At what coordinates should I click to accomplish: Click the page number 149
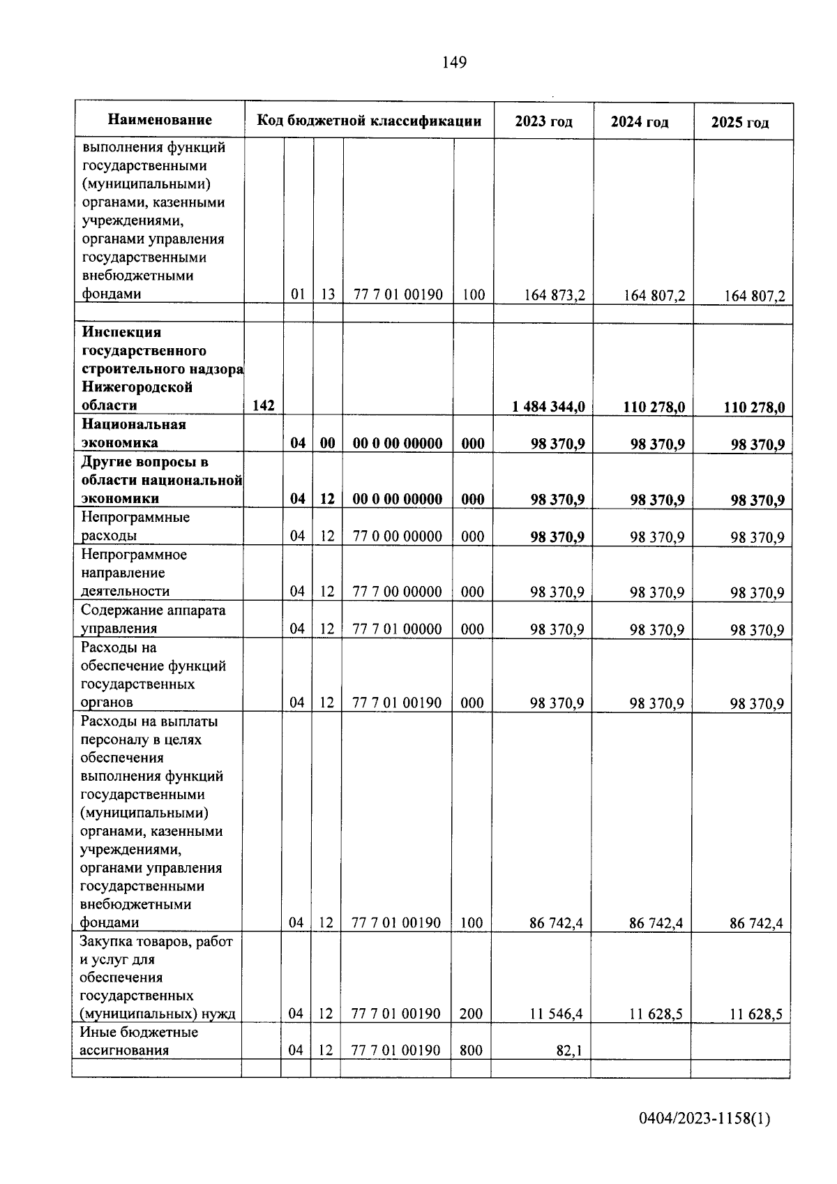(454, 63)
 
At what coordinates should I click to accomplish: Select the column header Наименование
(160, 120)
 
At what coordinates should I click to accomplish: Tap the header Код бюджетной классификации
(369, 121)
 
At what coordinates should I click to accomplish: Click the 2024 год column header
(640, 122)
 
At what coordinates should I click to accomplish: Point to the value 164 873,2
(555, 295)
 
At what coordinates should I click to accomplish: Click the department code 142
(263, 405)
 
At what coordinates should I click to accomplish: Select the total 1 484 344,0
(548, 406)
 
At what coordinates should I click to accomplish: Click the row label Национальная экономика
(133, 433)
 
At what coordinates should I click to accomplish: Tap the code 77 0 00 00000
(397, 536)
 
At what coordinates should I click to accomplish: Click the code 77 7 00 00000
(397, 592)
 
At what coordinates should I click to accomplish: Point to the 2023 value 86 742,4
(556, 923)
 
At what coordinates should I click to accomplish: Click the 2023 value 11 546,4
(556, 1014)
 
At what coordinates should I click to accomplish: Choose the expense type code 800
(472, 1050)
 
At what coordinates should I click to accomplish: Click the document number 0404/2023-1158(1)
(704, 1119)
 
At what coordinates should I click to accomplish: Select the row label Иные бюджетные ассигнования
(139, 1041)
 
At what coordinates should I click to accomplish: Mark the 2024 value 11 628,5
(656, 1014)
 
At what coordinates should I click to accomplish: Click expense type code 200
(472, 1014)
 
